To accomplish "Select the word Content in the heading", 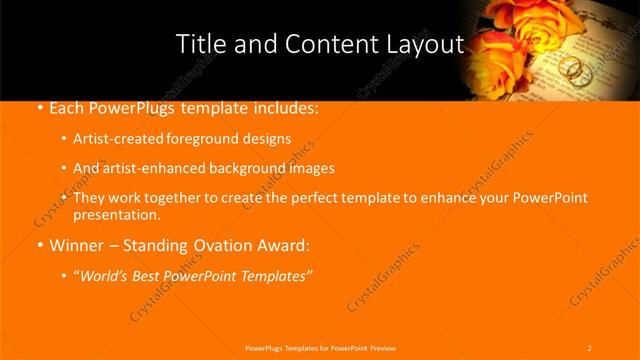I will point(329,44).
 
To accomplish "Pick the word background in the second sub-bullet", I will point(244,168).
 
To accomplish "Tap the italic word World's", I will point(107,275).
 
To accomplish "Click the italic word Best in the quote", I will point(154,275).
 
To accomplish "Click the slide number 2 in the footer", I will point(589,347).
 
